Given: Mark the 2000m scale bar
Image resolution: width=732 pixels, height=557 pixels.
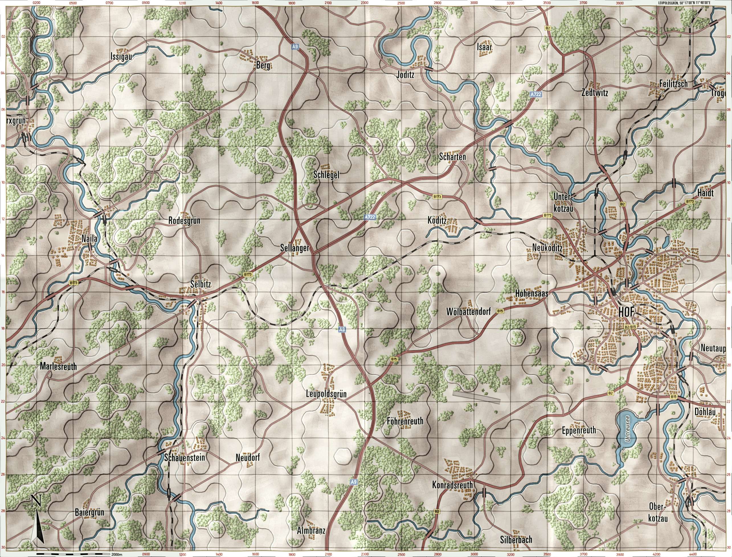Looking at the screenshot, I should coord(75,554).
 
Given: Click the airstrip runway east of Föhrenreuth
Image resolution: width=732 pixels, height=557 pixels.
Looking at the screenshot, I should coord(476,397).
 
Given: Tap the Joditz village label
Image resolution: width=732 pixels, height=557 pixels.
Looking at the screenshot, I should coord(405,75).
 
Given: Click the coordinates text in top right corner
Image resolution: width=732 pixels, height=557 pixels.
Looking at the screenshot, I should coord(701,3).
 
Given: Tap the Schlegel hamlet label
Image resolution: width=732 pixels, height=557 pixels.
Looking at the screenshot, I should coord(327,175).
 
